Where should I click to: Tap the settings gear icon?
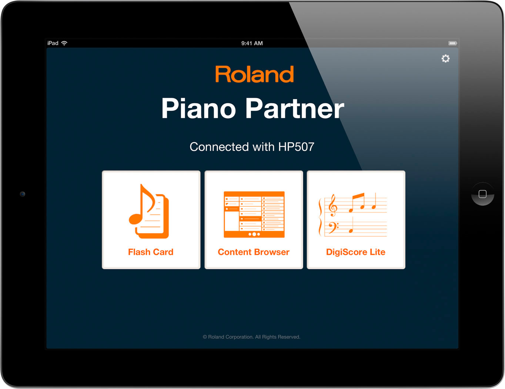tap(445, 59)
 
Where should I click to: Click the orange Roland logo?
tap(254, 74)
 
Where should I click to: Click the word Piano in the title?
tap(198, 108)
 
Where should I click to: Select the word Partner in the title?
tap(295, 108)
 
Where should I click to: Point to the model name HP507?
tap(296, 147)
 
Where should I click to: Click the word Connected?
tap(219, 147)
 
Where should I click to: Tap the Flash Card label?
tap(151, 252)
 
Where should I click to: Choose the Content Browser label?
tap(254, 252)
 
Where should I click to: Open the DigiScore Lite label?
tap(355, 252)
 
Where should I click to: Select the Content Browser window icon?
tap(254, 215)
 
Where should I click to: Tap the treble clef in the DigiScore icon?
tap(333, 205)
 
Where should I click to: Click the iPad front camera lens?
tap(23, 194)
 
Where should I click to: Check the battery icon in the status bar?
tap(452, 43)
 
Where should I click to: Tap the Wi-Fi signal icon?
tap(64, 43)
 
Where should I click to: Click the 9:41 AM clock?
tap(252, 43)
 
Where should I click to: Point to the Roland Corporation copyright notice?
tap(251, 337)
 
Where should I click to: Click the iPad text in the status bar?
tap(53, 43)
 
